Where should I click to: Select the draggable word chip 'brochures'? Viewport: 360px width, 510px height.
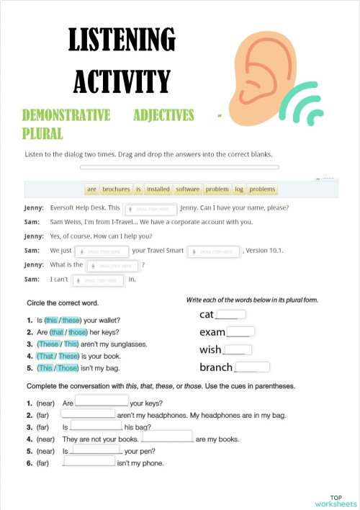(x=116, y=189)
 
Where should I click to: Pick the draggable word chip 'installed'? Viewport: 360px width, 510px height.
(x=158, y=189)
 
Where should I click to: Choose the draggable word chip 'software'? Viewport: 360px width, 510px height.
(x=187, y=189)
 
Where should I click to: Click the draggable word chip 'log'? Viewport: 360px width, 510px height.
(x=238, y=189)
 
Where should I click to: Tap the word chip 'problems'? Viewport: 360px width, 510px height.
(x=262, y=189)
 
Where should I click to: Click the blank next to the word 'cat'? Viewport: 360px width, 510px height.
(x=231, y=314)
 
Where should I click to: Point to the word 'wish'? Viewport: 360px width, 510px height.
(x=211, y=350)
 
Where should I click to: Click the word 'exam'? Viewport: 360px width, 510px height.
(x=212, y=332)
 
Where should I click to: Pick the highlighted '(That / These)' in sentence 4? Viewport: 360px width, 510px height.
(x=58, y=356)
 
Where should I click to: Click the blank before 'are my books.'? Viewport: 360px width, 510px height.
(x=168, y=438)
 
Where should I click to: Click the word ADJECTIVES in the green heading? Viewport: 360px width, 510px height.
(x=164, y=116)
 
